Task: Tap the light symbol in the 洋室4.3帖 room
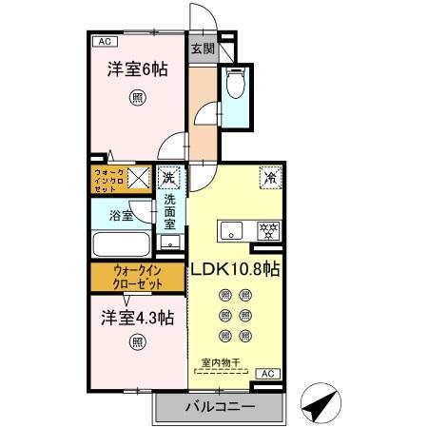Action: pyautogui.click(x=139, y=341)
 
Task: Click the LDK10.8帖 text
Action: pyautogui.click(x=235, y=269)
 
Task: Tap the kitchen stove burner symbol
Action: pyautogui.click(x=269, y=229)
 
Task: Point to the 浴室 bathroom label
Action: pyautogui.click(x=120, y=216)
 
